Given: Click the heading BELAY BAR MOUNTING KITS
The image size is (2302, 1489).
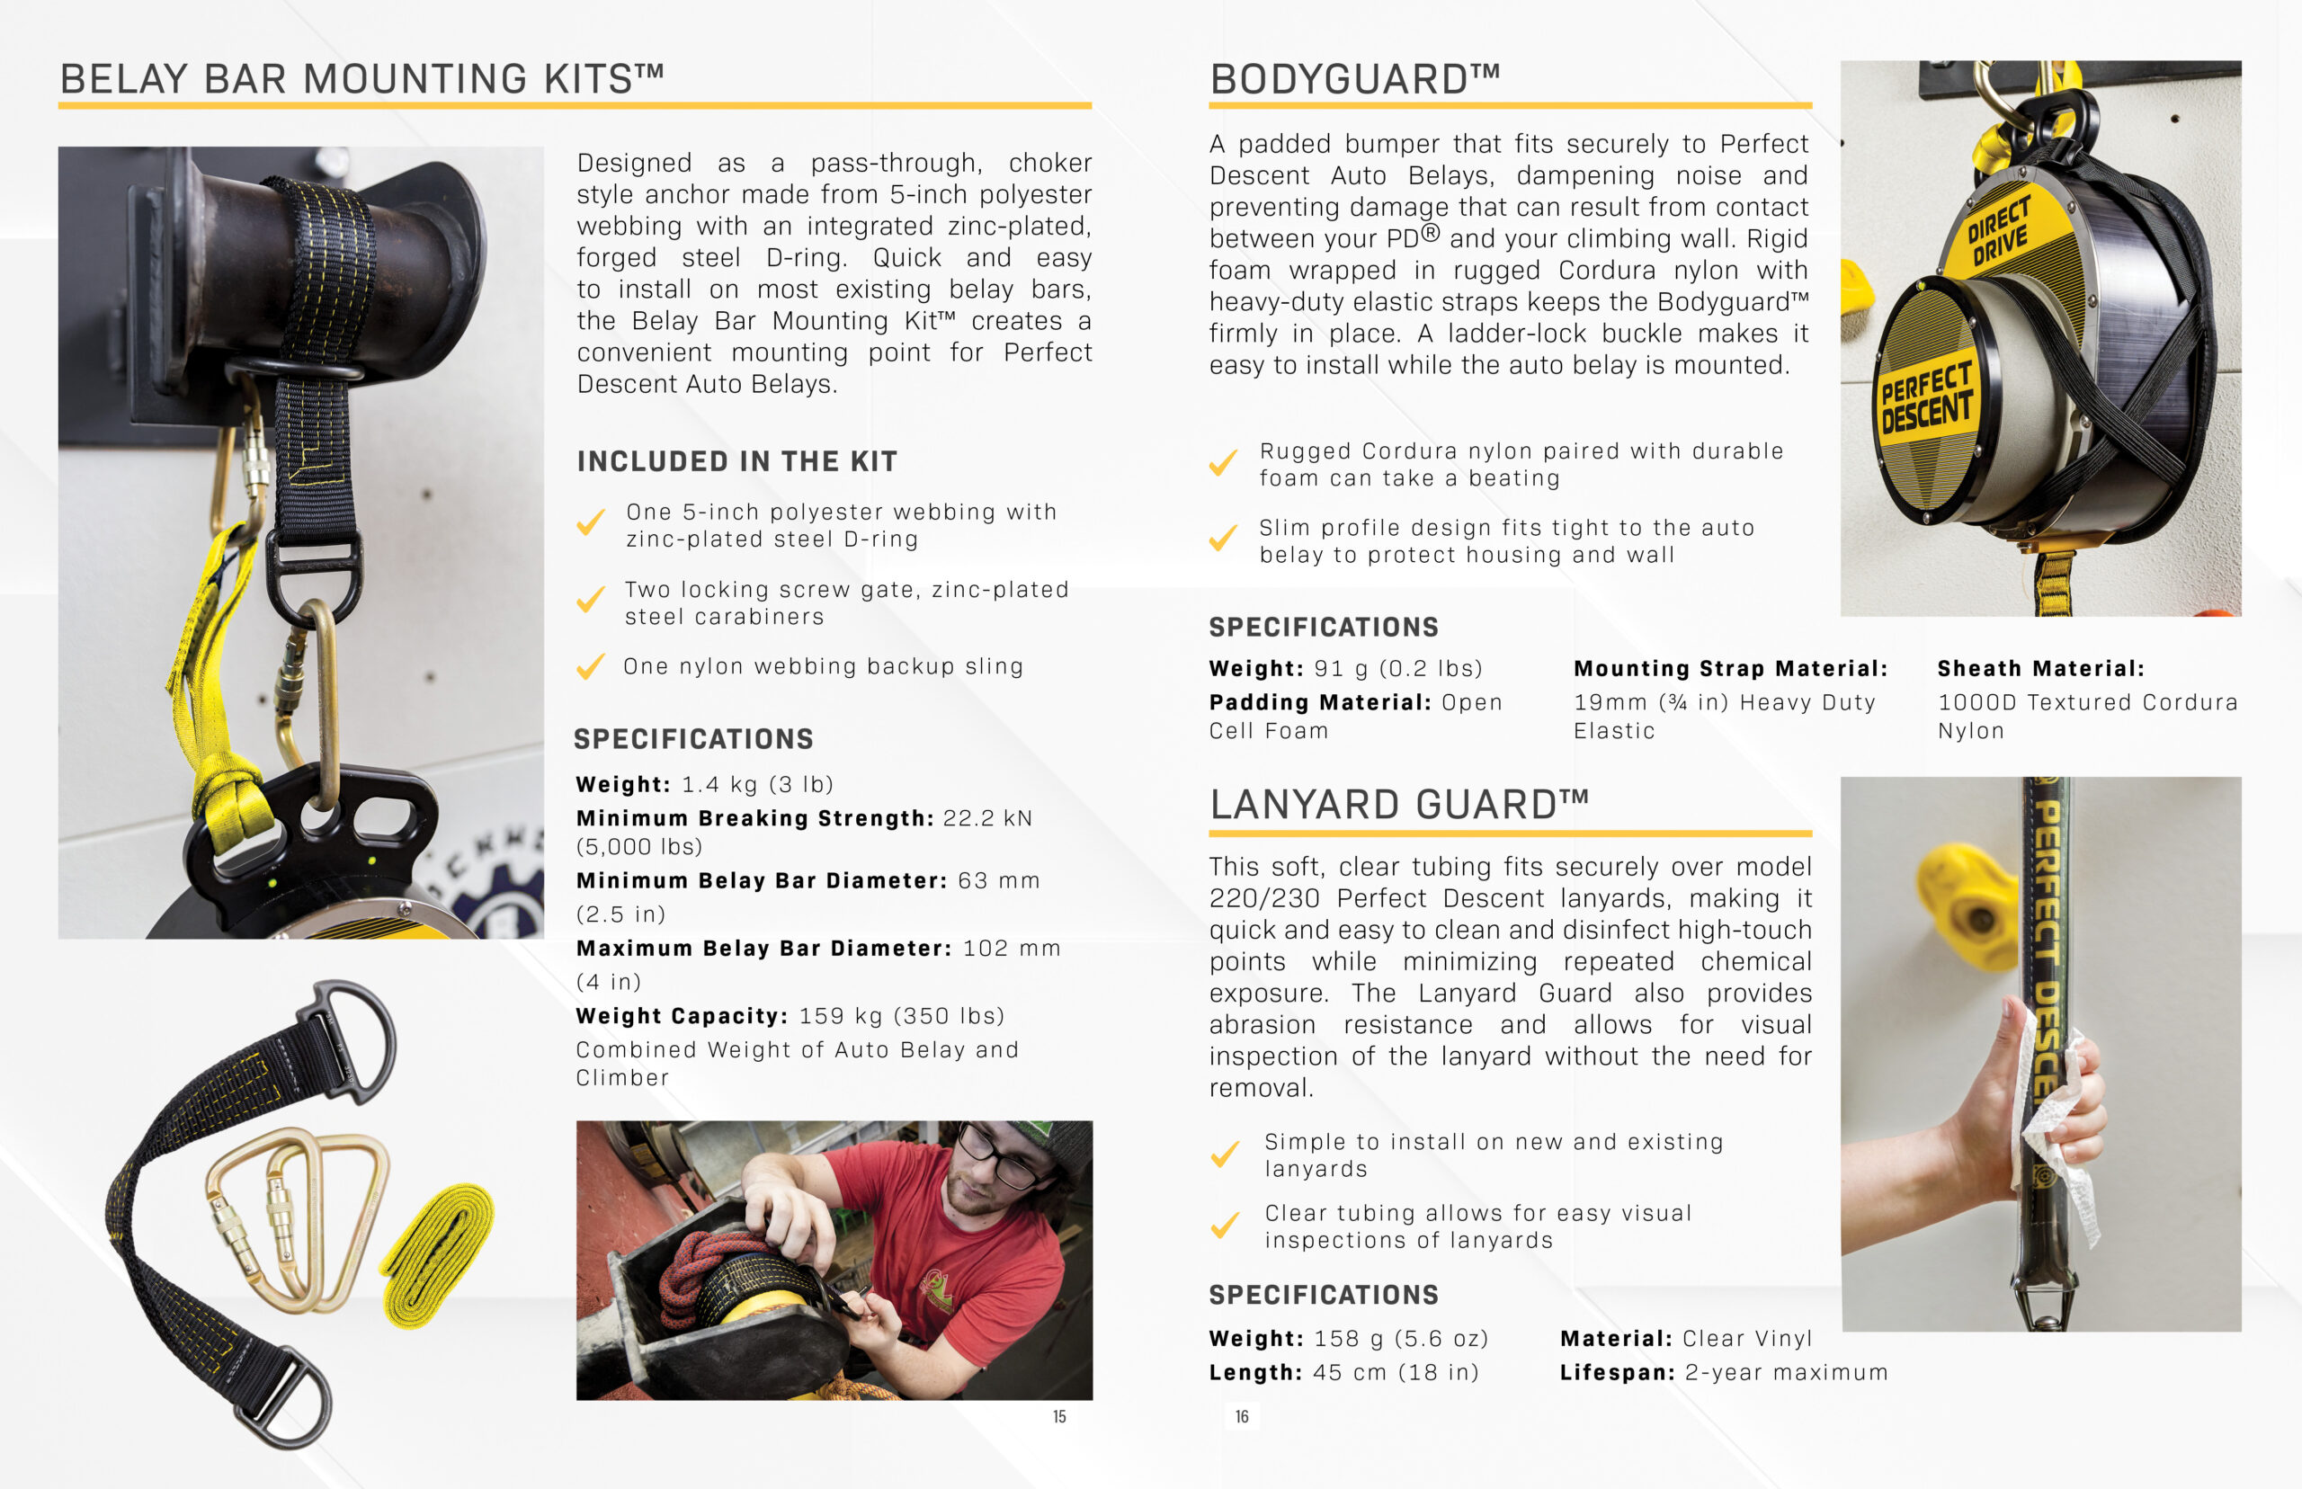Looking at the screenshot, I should click(x=361, y=79).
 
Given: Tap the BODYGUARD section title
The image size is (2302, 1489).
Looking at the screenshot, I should click(x=1353, y=79).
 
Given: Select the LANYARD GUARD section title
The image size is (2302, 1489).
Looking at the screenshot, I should click(x=1398, y=805).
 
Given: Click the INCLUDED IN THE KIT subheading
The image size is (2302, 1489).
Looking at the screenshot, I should click(x=736, y=461).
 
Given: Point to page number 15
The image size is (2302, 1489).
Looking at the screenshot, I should click(x=1058, y=1416).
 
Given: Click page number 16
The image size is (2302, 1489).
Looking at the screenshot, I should click(x=1242, y=1416).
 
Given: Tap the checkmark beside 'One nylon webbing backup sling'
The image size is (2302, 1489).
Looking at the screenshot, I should click(x=590, y=666).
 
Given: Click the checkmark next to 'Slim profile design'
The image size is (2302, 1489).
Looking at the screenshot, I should click(x=1223, y=538).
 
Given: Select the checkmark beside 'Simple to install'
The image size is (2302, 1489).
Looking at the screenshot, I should click(x=1225, y=1154).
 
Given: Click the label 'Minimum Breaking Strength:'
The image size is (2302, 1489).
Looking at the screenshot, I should click(x=755, y=818).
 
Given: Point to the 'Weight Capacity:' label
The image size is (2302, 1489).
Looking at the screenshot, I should click(x=683, y=1015).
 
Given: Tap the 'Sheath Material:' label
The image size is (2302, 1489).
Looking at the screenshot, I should click(x=2040, y=668).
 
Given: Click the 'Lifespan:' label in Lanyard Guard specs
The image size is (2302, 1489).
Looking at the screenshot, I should click(x=1618, y=1372).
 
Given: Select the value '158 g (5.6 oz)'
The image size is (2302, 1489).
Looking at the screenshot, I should click(x=1401, y=1338).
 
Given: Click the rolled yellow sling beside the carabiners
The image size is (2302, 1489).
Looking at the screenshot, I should click(x=440, y=1253).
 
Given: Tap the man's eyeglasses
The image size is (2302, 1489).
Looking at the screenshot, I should click(x=1001, y=1159).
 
